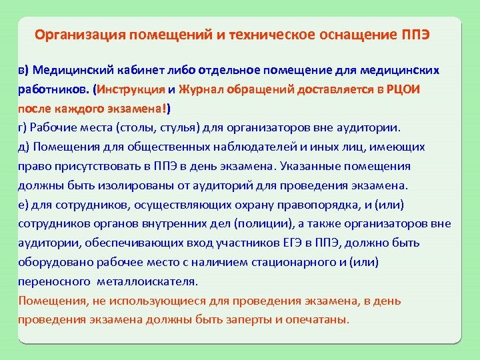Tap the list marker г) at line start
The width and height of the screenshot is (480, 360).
[x=23, y=127]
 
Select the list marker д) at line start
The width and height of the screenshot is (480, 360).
[x=23, y=147]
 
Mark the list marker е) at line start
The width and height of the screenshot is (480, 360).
[x=23, y=204]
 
